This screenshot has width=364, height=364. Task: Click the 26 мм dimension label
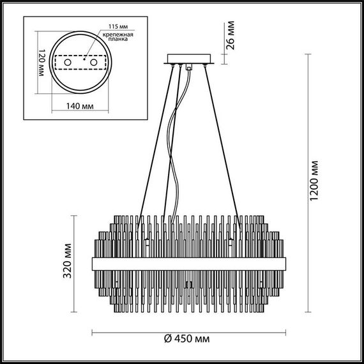click(232, 36)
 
